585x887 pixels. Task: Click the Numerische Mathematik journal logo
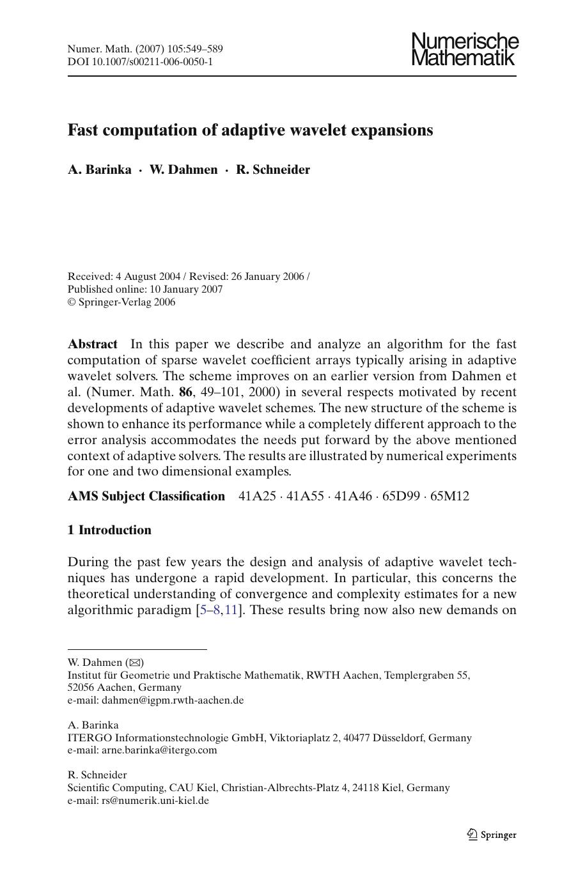point(465,50)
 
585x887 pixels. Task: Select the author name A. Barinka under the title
point(100,169)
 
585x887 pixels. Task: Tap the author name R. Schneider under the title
point(273,169)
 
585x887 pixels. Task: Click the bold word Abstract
point(93,344)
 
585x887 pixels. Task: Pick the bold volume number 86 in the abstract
point(185,392)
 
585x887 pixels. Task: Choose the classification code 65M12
point(449,497)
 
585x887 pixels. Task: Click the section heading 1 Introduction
point(109,530)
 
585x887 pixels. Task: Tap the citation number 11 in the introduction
point(231,610)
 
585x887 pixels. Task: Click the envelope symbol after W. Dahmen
point(136,663)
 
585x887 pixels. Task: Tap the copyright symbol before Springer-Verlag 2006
point(72,302)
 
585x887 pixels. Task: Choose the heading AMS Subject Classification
point(146,497)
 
